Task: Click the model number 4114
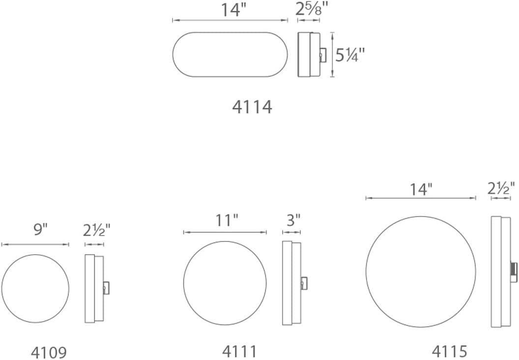[252, 107]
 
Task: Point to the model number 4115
[449, 351]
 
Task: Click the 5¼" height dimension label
[350, 56]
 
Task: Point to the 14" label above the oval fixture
[232, 10]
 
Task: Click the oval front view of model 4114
[230, 55]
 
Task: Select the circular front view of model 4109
[35, 288]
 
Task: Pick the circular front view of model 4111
[225, 283]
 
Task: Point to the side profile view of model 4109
[95, 288]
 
